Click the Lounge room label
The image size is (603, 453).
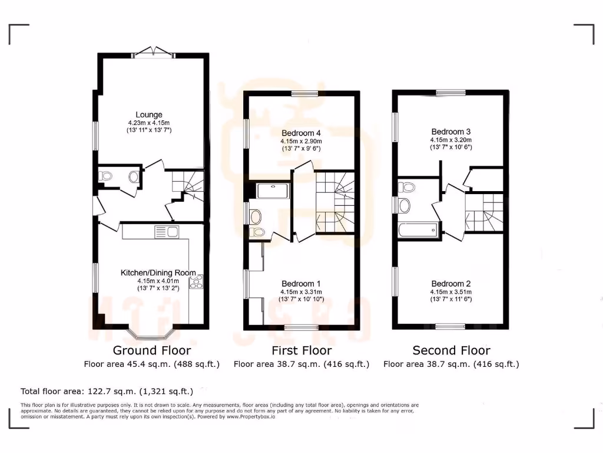tap(148, 114)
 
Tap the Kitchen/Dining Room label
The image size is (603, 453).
tap(158, 273)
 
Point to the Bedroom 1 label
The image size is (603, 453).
tap(301, 283)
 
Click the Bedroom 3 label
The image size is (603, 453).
tap(451, 131)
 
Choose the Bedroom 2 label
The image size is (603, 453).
tap(451, 283)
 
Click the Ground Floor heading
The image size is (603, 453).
tap(152, 350)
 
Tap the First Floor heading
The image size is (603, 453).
tap(301, 350)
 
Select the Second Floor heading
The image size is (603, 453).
tap(451, 350)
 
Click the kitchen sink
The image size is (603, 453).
tap(167, 232)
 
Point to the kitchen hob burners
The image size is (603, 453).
tap(195, 282)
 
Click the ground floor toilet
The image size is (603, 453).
tap(107, 175)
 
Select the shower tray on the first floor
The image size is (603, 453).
tap(273, 191)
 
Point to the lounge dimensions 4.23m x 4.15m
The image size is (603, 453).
tap(148, 123)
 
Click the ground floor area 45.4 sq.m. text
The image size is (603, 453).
tap(152, 365)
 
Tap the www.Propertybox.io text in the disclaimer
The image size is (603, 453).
tap(250, 417)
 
